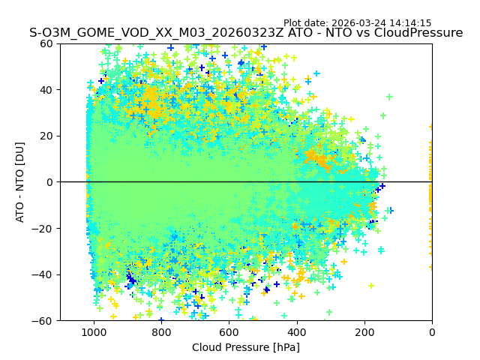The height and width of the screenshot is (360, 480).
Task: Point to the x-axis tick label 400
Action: [x=296, y=332]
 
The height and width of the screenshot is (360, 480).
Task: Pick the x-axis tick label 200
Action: [x=364, y=332]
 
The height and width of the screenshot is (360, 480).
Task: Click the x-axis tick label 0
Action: [x=431, y=332]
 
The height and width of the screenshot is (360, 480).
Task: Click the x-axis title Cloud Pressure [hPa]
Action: [x=246, y=347]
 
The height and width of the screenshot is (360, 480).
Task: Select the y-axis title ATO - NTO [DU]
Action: [x=21, y=182]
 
